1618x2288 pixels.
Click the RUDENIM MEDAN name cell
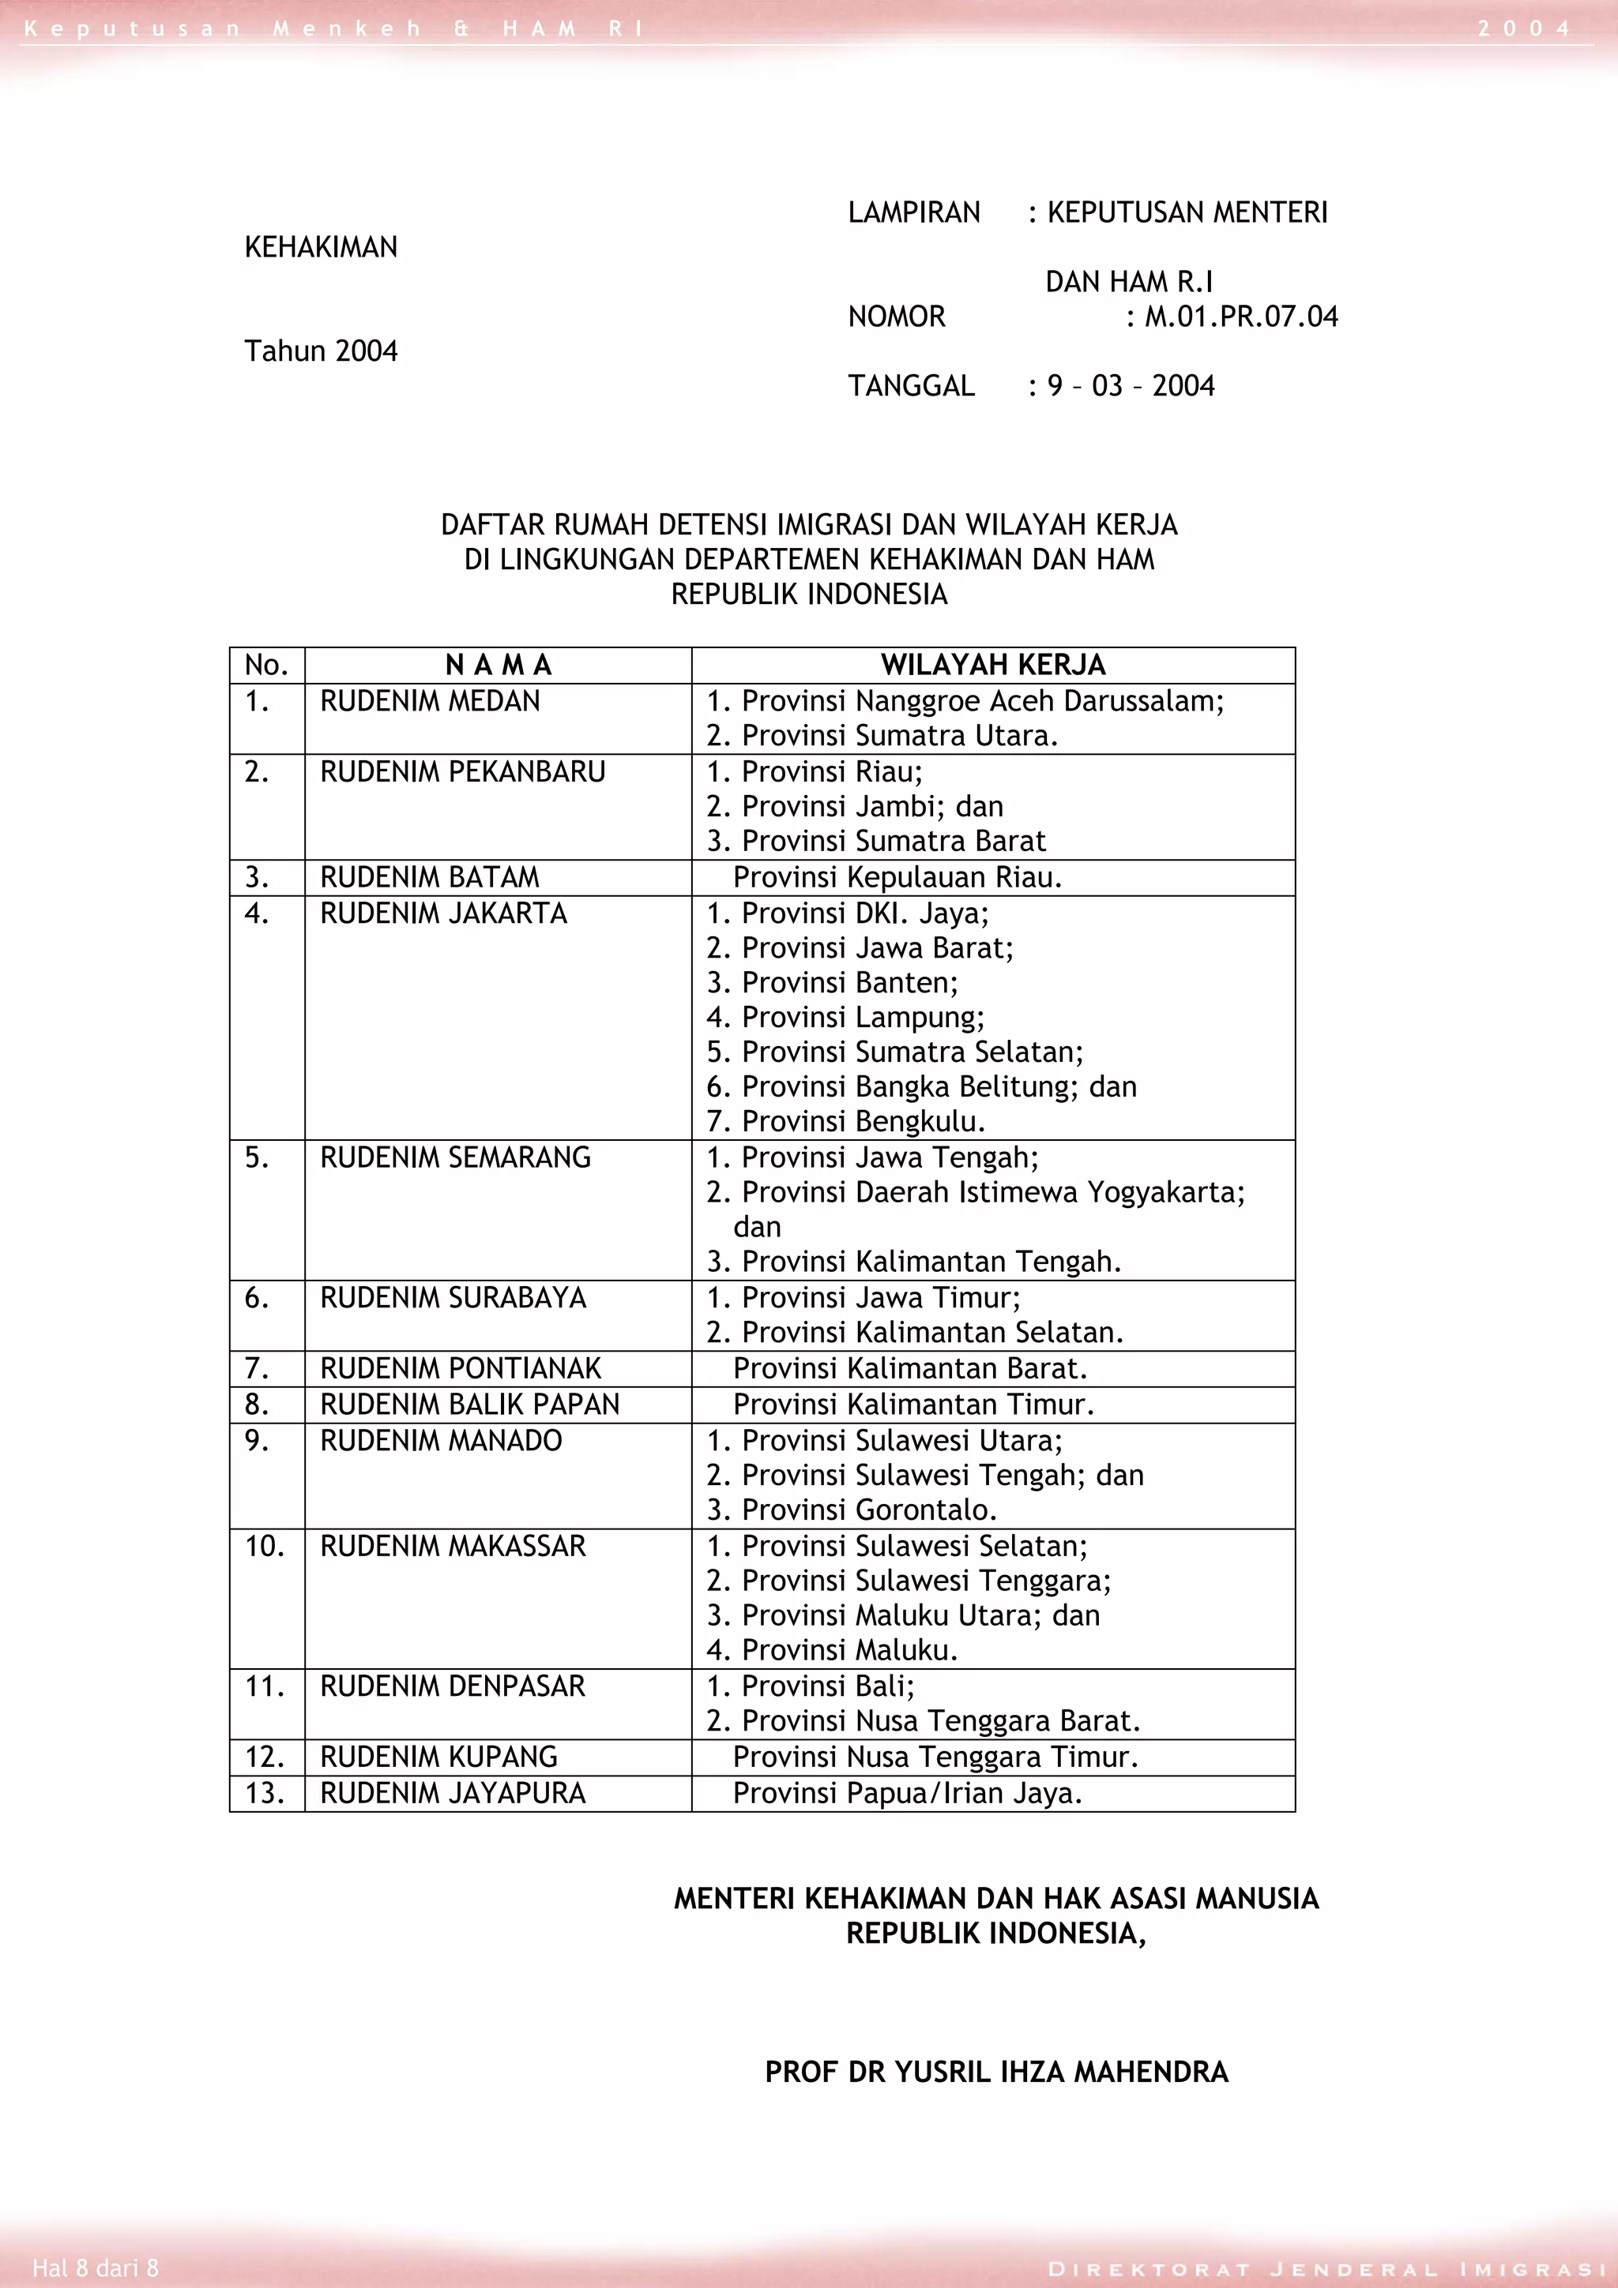tap(430, 702)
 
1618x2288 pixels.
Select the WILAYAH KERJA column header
tap(993, 665)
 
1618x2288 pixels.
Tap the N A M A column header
tap(498, 665)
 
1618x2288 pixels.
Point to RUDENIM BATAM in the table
tap(430, 877)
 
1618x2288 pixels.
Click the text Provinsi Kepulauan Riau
tap(897, 877)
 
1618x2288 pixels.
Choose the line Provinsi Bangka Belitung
tap(921, 1086)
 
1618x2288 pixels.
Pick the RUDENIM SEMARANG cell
tap(456, 1157)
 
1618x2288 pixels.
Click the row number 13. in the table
tap(264, 1793)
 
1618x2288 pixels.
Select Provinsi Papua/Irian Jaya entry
tap(907, 1793)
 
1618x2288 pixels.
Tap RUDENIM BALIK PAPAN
tap(469, 1404)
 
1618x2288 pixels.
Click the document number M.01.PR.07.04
tap(1241, 317)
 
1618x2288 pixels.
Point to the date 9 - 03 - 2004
tap(1131, 385)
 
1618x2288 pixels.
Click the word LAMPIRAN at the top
tap(914, 212)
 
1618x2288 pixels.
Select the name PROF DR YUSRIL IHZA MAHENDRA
tap(996, 2072)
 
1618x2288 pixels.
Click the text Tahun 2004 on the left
tap(321, 351)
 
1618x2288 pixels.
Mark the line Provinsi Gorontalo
tap(852, 1510)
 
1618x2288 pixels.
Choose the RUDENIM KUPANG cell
tap(438, 1757)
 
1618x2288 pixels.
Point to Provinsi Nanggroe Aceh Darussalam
tap(965, 702)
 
